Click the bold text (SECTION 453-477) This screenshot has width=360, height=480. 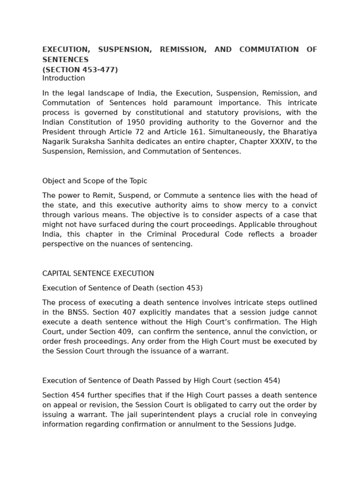point(80,70)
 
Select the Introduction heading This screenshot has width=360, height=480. point(64,78)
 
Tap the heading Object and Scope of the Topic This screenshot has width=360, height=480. point(95,181)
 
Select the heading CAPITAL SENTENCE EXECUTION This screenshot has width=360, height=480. point(98,273)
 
